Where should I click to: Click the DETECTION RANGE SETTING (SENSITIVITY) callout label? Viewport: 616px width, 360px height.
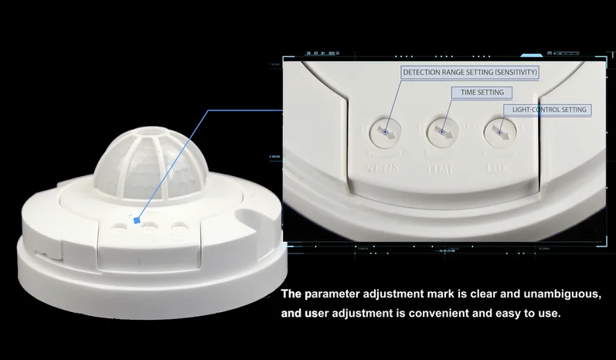(469, 72)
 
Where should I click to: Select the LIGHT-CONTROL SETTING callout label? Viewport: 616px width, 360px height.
(549, 110)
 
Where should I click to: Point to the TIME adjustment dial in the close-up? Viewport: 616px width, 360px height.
(442, 132)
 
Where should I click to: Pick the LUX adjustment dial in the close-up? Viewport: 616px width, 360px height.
(499, 134)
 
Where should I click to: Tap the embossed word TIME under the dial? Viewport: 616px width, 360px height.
(442, 167)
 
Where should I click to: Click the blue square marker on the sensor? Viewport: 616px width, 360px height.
(137, 220)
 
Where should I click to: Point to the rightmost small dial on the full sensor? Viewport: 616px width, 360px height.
(179, 228)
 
